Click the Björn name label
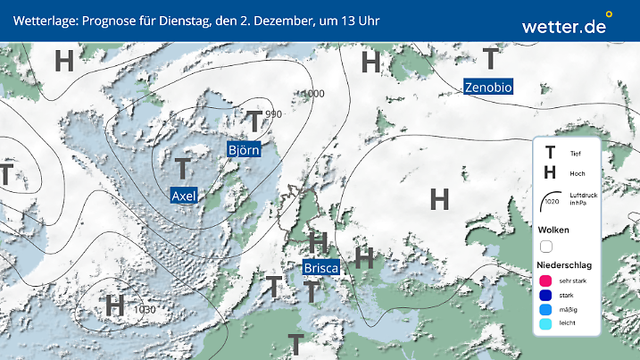[x=244, y=149]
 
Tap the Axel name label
[x=183, y=195]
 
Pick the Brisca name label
[x=320, y=267]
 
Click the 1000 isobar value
[x=313, y=94]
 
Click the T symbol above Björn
[x=255, y=121]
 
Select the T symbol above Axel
[x=183, y=167]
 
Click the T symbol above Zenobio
[x=491, y=59]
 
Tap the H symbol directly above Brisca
[x=318, y=241]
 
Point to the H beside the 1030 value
[x=115, y=306]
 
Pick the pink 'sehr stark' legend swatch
[x=546, y=280]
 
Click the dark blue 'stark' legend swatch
[x=546, y=296]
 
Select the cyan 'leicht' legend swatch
[x=546, y=326]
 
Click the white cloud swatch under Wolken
[x=546, y=246]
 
